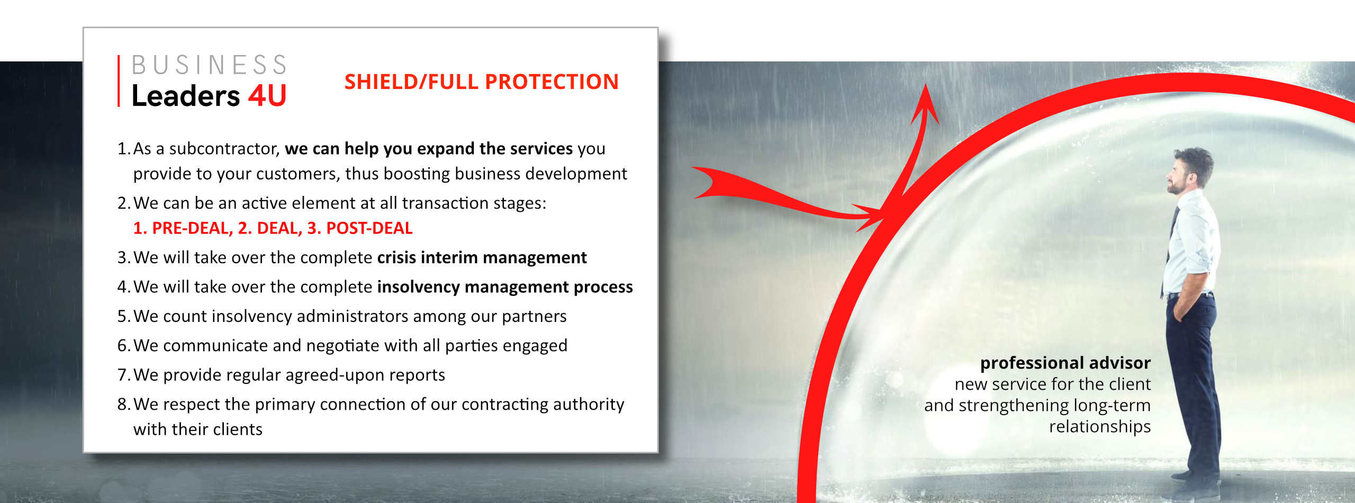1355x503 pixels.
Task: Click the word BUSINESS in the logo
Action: (209, 65)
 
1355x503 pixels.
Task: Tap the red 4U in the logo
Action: (267, 96)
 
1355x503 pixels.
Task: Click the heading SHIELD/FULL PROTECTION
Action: (481, 82)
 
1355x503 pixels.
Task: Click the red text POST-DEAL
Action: (369, 228)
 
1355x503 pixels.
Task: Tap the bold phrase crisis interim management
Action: (482, 258)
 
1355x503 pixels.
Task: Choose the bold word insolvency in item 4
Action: (418, 287)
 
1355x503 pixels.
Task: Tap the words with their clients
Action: (197, 429)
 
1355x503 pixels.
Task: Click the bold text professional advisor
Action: (1065, 363)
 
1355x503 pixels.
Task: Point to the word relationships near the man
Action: (1100, 427)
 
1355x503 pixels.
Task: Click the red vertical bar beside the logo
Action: (119, 81)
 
